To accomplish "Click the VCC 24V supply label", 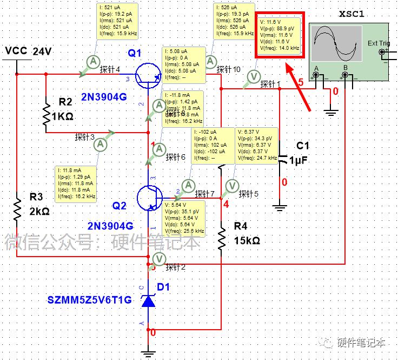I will pos(28,51).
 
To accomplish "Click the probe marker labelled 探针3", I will pos(100,143).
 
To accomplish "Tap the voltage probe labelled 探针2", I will pos(158,259).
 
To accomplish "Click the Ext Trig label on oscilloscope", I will pos(379,43).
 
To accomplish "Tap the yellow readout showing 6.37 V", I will pos(257,145).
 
